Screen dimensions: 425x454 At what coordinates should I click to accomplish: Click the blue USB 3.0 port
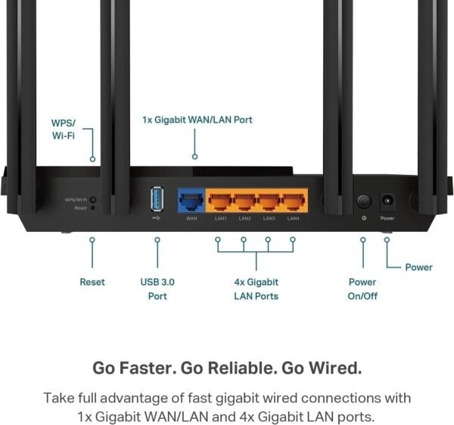coord(157,199)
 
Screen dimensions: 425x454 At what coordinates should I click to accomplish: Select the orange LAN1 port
coord(220,202)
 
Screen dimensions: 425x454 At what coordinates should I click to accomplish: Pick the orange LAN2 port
coord(244,202)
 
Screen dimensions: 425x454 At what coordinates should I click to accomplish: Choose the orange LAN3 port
coord(269,202)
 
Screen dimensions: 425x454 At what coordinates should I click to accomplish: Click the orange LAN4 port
coord(293,202)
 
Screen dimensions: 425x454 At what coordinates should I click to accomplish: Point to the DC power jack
coord(387,201)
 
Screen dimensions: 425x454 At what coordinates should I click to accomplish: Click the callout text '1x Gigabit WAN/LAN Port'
coord(197,120)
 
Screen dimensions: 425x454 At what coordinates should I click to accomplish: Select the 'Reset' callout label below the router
coord(92,282)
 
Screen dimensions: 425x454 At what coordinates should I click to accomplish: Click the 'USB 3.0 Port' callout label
coord(157,289)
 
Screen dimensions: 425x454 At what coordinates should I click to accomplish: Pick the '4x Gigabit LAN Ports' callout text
coord(256,289)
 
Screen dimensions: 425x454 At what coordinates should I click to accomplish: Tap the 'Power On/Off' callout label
coord(362,289)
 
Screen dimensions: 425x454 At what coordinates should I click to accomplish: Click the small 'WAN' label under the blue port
coord(191,218)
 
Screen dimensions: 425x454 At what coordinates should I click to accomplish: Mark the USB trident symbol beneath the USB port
coord(156,218)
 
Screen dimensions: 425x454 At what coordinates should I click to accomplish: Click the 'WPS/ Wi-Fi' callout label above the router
coord(64,129)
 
